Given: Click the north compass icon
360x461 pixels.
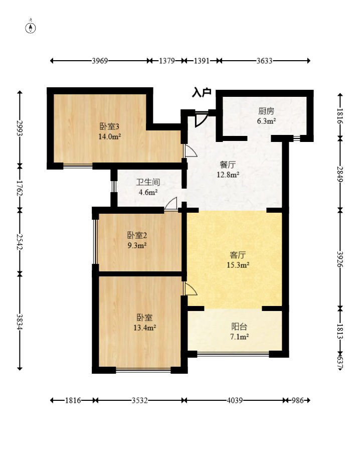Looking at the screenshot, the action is [31, 28].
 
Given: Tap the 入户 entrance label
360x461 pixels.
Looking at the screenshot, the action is [202, 92].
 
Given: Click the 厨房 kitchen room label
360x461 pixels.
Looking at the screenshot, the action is [266, 111].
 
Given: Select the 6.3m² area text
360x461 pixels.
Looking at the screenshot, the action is [266, 121].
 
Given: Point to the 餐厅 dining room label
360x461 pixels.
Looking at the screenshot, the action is [228, 165].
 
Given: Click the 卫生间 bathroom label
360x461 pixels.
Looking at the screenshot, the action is [148, 182].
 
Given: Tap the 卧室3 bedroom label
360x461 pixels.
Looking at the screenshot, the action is [109, 127].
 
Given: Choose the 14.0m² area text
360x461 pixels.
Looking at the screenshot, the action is [110, 137].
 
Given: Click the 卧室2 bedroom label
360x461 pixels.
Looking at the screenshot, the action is [137, 235].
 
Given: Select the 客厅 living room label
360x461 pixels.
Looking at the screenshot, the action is [238, 255].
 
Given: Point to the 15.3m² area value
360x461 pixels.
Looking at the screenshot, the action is [238, 265].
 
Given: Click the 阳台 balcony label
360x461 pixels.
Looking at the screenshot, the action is [239, 327].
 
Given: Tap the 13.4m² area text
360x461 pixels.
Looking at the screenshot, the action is [144, 328].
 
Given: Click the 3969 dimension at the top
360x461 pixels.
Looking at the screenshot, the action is [100, 61].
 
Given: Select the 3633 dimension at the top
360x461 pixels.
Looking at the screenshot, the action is [265, 61].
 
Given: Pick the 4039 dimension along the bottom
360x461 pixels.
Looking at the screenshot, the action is [235, 400].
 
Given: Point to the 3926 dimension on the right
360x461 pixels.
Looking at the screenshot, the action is [340, 259].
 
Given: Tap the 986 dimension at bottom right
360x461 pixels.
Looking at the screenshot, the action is [297, 400].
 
